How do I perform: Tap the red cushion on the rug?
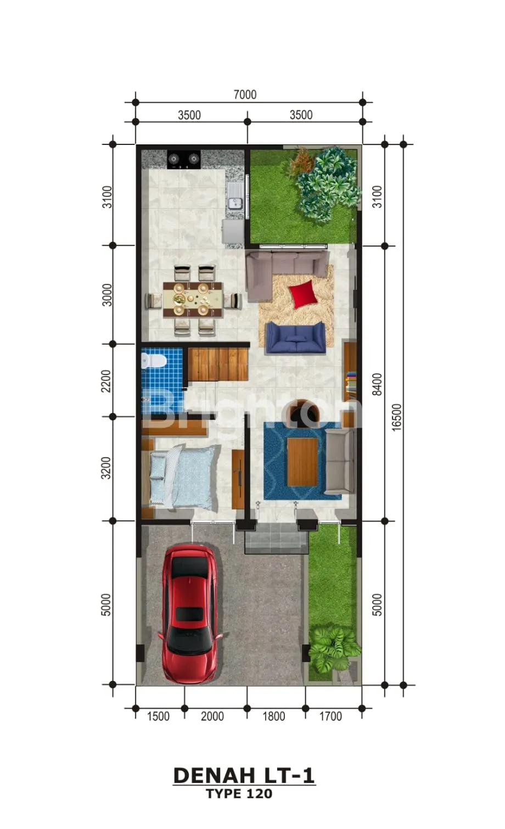[303, 294]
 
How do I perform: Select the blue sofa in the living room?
[295, 338]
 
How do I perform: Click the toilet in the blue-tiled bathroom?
[154, 361]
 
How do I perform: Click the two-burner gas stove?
[184, 160]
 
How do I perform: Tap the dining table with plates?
[193, 299]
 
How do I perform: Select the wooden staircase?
[218, 364]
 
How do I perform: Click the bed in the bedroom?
[181, 475]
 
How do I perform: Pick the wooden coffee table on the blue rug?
[302, 462]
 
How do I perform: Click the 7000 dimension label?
[245, 95]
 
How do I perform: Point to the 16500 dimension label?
[396, 417]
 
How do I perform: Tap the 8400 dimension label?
[377, 384]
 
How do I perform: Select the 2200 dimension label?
[106, 381]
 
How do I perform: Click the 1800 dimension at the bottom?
[274, 716]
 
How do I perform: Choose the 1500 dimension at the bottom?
[158, 716]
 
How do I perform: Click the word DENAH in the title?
[214, 775]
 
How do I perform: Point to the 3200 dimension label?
[106, 468]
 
